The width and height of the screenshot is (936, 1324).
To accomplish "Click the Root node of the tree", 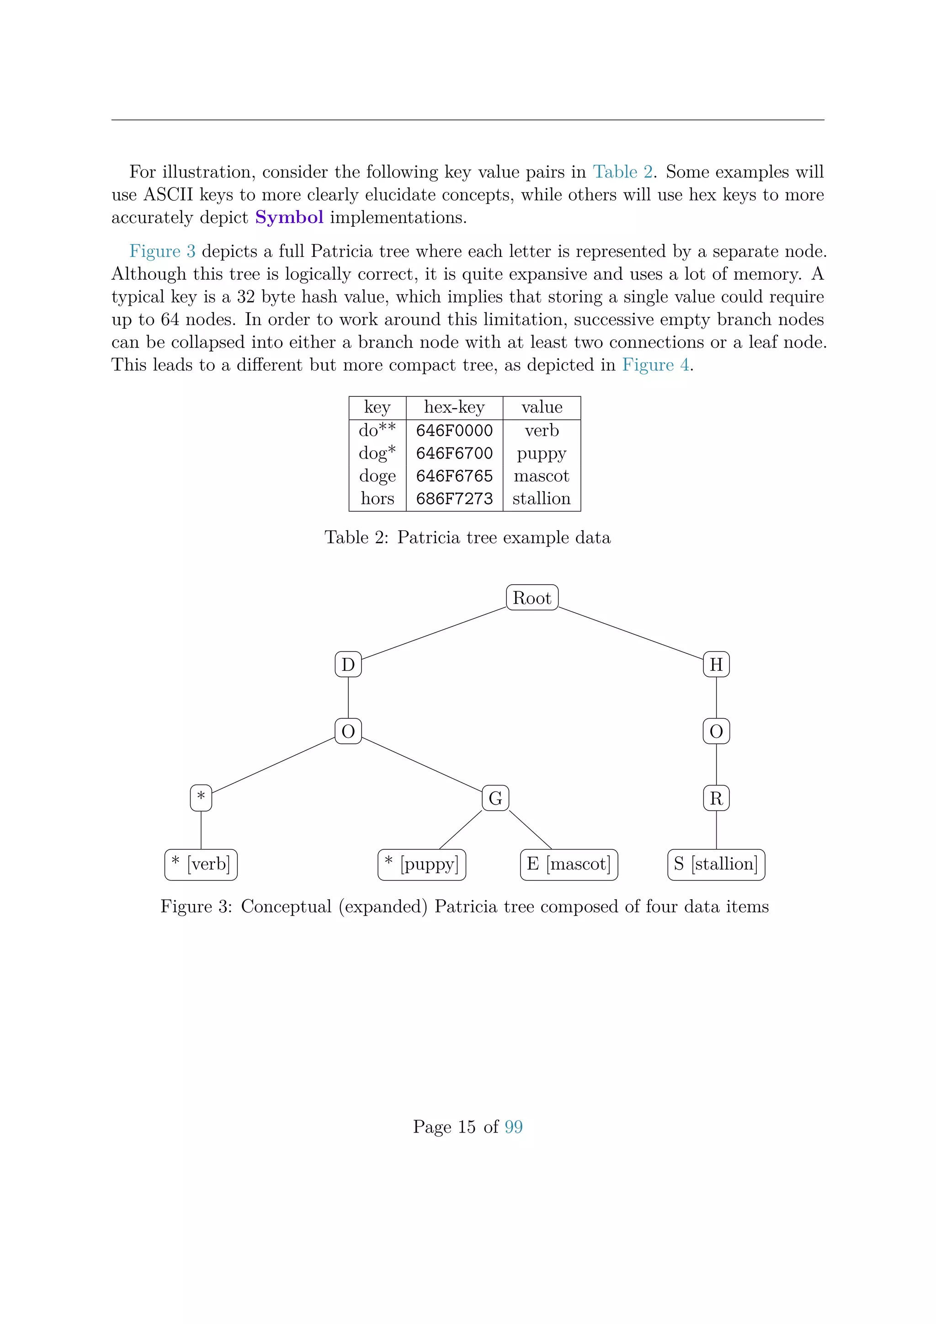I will (532, 598).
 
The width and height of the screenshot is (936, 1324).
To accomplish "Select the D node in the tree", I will (348, 664).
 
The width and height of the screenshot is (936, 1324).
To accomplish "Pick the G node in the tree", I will (495, 798).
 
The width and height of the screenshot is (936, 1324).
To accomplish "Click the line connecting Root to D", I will (433, 633).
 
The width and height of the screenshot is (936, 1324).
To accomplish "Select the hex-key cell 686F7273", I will (454, 499).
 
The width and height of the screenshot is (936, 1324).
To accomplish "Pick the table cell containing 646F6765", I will (454, 476).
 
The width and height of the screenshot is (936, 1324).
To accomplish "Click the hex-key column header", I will (454, 407).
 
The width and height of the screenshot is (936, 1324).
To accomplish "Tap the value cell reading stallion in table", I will (541, 499).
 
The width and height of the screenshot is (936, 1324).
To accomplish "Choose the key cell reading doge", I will (378, 476).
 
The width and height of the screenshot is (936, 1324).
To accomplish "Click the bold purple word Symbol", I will (289, 218).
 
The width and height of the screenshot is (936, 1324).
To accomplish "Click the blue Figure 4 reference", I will (655, 365).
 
